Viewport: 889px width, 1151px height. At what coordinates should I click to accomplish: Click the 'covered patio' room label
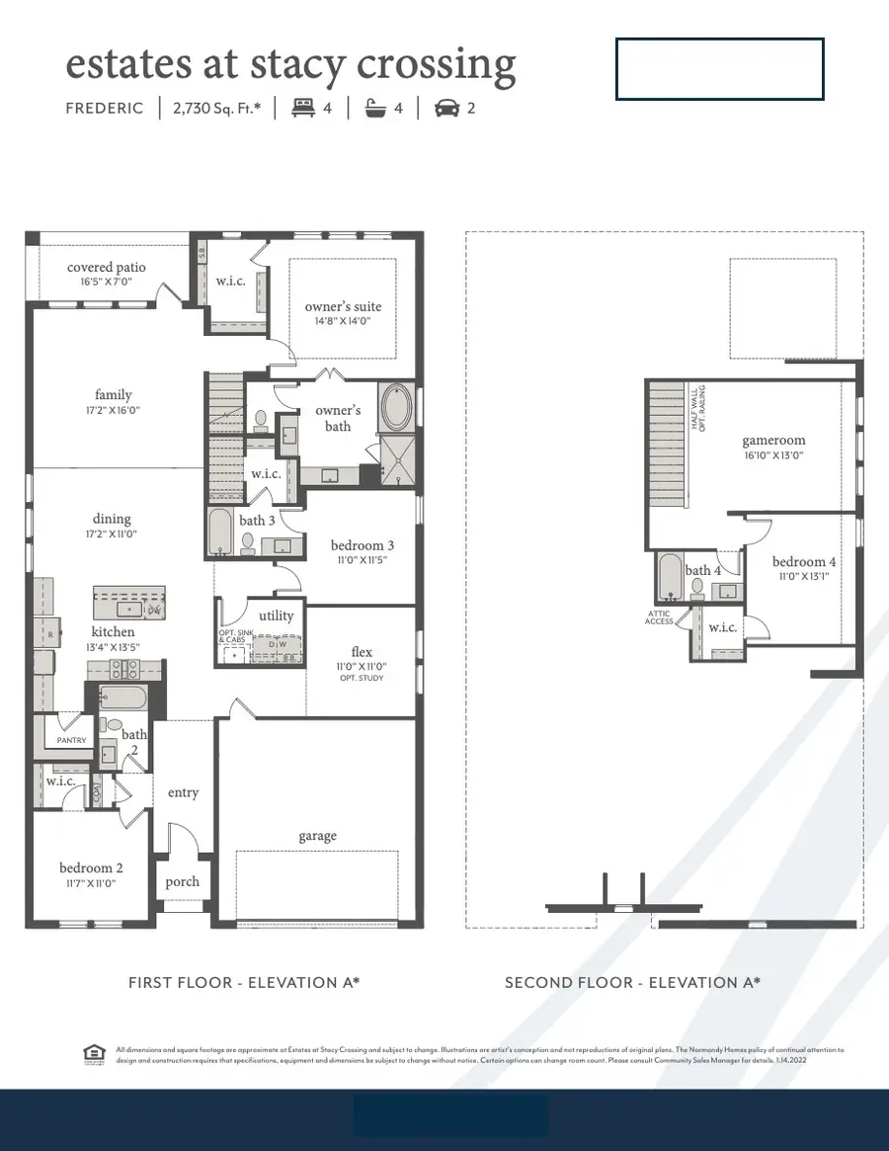106,267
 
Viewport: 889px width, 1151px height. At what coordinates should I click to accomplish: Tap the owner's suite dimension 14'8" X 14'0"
343,321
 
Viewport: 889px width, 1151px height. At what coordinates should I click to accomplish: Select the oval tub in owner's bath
397,407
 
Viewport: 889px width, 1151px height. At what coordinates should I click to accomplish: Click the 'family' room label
114,395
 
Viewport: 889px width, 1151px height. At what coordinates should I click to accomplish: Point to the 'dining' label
112,519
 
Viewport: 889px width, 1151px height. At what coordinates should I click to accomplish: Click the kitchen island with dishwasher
129,602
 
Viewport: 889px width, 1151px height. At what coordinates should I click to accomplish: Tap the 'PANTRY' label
71,740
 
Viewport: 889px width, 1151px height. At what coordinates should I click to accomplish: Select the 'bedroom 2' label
91,868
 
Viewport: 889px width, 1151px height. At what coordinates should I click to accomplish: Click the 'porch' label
183,881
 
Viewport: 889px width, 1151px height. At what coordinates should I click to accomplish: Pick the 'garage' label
318,836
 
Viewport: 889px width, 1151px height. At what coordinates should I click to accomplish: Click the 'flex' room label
362,651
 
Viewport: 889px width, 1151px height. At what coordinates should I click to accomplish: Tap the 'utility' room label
277,616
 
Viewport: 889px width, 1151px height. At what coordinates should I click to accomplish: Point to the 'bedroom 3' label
363,545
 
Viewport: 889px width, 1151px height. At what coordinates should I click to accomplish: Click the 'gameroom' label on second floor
773,441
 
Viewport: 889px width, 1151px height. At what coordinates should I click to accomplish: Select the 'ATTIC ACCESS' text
659,617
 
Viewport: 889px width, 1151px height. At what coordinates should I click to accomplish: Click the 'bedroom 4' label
804,561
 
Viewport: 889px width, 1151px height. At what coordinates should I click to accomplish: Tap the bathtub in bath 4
670,577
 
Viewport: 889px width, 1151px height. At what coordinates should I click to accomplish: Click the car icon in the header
447,108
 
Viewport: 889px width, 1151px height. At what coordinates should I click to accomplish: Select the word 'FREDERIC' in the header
105,108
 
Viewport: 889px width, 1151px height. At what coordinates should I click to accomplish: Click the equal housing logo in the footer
95,1056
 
